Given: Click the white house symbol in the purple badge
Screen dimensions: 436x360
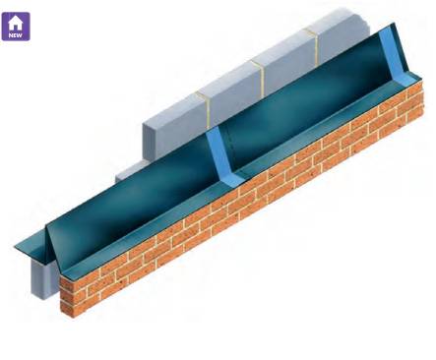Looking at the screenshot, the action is point(16,21).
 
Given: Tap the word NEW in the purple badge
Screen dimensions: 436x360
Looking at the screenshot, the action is point(16,34).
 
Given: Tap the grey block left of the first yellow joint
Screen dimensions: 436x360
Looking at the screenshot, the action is point(177,118).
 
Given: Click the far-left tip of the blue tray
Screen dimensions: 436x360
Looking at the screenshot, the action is point(16,246).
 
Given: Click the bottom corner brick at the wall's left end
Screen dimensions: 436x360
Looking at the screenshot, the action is point(68,310).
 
